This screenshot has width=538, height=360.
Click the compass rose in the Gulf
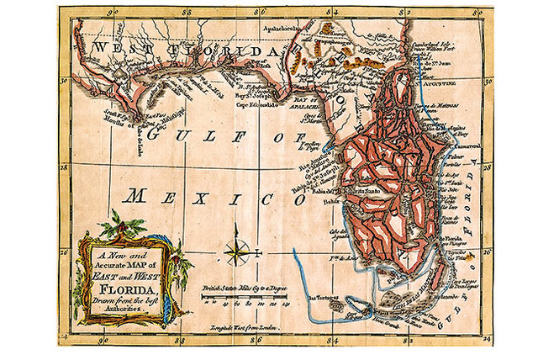pyautogui.click(x=236, y=250)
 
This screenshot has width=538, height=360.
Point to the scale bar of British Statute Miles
pyautogui.click(x=245, y=292)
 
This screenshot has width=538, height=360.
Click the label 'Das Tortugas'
pyautogui.click(x=322, y=297)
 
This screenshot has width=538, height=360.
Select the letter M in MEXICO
pyautogui.click(x=137, y=199)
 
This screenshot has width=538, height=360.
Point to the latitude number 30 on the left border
pyautogui.click(x=66, y=81)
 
